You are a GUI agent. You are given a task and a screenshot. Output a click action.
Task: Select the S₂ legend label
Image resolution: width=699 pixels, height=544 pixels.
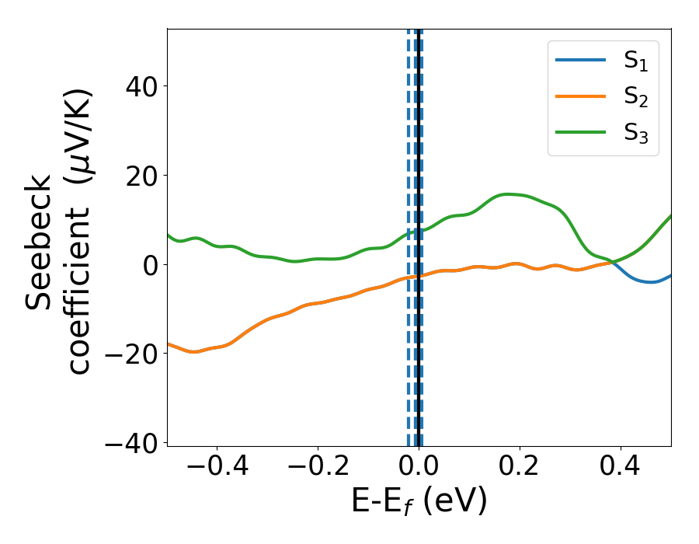[x=635, y=98]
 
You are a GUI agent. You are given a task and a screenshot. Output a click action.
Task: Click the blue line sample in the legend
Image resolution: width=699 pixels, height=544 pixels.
[x=581, y=61]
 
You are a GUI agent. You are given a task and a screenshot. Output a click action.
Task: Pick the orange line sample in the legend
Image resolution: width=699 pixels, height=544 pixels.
[x=581, y=97]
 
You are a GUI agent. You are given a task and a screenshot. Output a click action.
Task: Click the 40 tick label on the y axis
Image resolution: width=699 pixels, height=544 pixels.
[x=141, y=86]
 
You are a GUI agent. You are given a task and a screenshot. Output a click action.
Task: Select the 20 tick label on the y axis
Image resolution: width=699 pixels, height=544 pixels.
[x=141, y=176]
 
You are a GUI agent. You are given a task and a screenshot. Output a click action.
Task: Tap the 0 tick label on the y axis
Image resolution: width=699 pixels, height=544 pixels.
[x=151, y=265]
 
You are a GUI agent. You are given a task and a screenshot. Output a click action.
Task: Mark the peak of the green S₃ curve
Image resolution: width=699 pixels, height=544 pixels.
[x=509, y=194]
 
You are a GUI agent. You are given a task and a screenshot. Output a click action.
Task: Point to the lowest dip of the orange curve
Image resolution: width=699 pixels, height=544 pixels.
[x=194, y=352]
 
